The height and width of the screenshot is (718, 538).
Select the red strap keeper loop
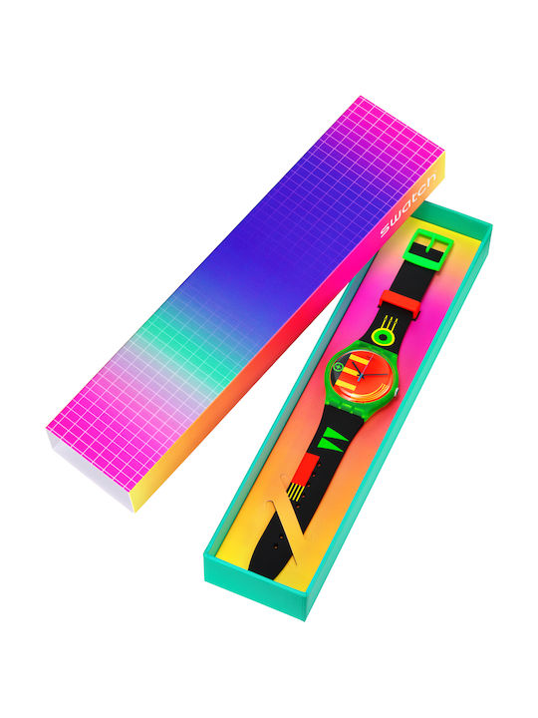click(401, 303)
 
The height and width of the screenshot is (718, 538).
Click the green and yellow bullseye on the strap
click(384, 337)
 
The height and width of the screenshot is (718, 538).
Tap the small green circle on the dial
click(339, 366)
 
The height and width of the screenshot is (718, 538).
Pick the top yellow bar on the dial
click(359, 360)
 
